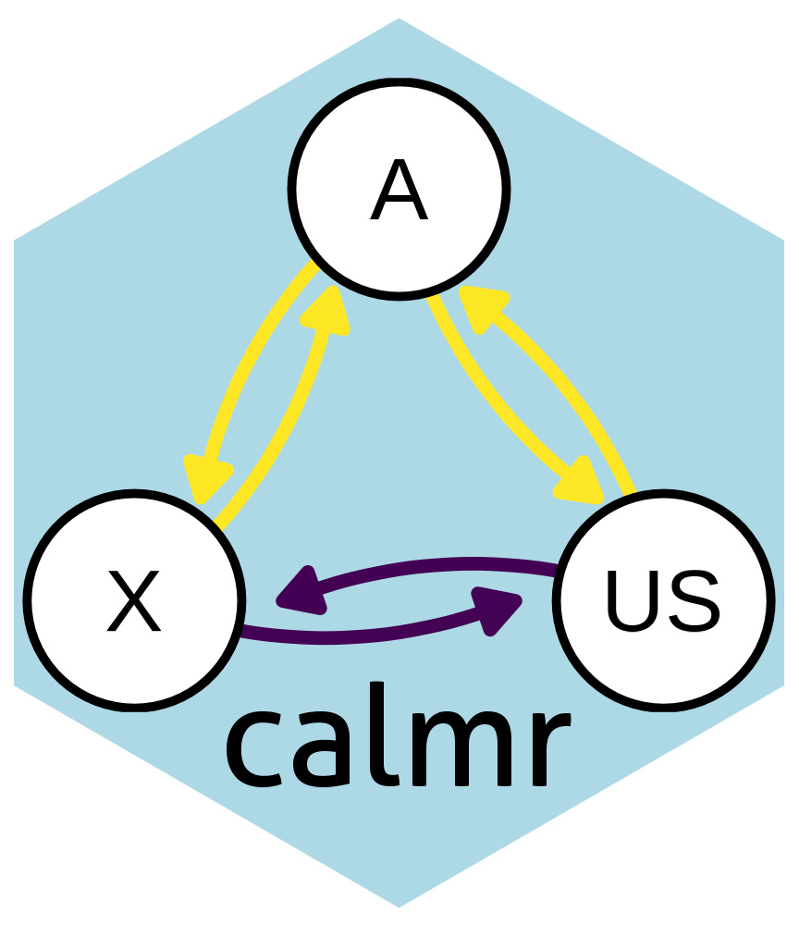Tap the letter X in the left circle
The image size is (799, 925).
coord(134,601)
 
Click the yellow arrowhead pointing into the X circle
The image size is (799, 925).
coord(204,477)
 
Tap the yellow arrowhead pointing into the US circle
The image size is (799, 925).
coord(582,478)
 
